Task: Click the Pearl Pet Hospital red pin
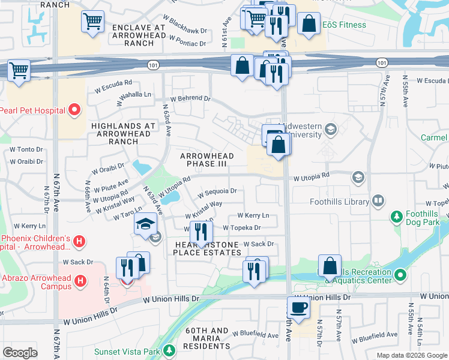click(74, 109)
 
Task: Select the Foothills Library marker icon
click(378, 200)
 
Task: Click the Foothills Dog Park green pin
click(396, 216)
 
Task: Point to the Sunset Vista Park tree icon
click(170, 350)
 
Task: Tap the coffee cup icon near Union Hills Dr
click(298, 308)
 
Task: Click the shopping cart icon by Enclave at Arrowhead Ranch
click(93, 22)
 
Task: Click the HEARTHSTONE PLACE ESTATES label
click(207, 248)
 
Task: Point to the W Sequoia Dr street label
click(217, 191)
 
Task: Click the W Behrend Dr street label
click(190, 98)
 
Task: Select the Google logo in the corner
click(20, 352)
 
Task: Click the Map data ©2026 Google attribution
click(412, 355)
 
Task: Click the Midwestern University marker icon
click(330, 129)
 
